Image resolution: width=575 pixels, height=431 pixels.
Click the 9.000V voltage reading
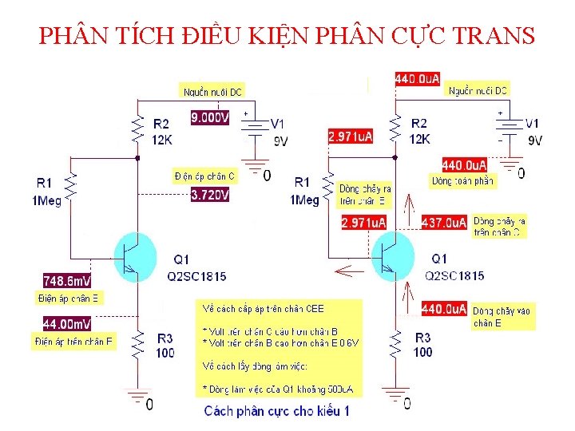coord(210,117)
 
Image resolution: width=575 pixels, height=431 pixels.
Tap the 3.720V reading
coord(210,194)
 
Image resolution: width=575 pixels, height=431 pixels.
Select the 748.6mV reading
coord(66,280)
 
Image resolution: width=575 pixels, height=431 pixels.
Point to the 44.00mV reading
coord(66,324)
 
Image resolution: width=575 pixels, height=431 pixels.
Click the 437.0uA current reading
coord(443,223)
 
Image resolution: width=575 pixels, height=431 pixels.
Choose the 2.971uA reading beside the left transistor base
coord(363,223)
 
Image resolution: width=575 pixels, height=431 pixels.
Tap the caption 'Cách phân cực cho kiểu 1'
coord(277,411)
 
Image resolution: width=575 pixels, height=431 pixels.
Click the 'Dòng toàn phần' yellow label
coord(462,181)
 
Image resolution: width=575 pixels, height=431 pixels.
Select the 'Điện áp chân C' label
coord(204,176)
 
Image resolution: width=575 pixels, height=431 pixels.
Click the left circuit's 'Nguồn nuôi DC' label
coord(212,93)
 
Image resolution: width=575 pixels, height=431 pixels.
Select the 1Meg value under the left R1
coord(45,200)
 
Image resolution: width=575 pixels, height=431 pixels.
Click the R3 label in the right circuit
coord(422,338)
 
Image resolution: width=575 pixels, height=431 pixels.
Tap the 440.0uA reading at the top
coord(418,78)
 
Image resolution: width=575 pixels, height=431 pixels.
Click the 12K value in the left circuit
coord(161,139)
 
